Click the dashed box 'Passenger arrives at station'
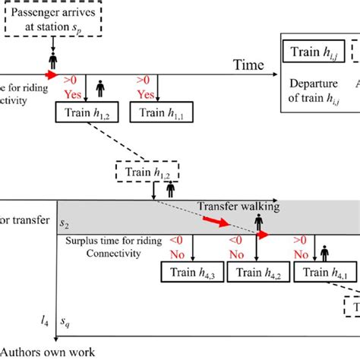[x=53, y=23]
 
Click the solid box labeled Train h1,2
[x=83, y=112]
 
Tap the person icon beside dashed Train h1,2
[x=170, y=185]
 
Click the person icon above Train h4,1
[x=324, y=251]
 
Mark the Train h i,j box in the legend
[x=309, y=53]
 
